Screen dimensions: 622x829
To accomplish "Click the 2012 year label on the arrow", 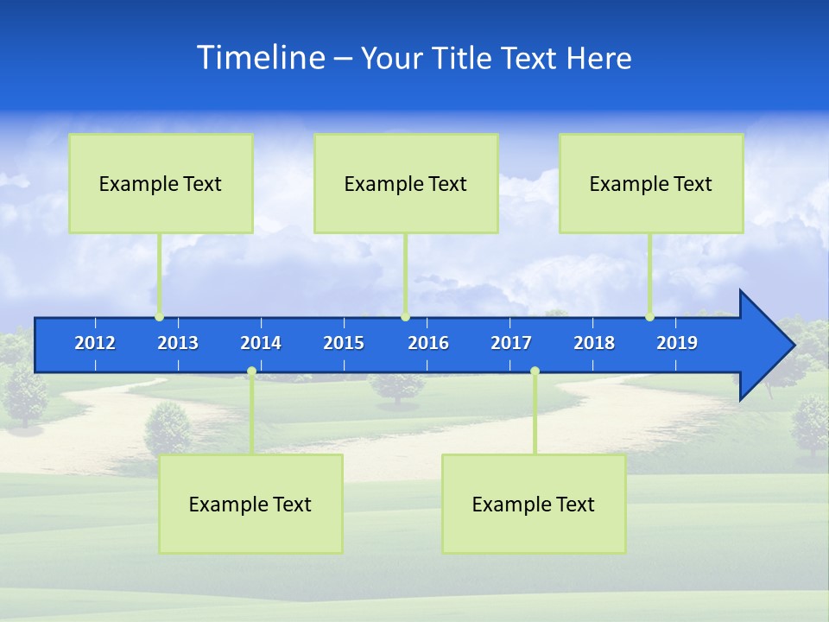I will (95, 343).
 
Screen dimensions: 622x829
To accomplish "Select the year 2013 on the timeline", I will (178, 343).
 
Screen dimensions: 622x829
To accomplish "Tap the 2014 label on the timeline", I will (261, 343).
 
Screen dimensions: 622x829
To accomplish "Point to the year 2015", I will (344, 343).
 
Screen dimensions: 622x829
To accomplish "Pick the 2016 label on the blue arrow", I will (428, 343).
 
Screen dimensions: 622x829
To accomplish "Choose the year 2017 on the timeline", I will (511, 343).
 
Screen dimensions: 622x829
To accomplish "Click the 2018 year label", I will (594, 343).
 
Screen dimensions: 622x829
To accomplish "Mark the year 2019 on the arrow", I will (677, 343).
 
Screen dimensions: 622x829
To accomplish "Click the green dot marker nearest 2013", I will (159, 317).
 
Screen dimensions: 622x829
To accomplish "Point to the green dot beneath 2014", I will (251, 371).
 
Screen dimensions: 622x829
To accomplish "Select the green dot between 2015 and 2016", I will (405, 317).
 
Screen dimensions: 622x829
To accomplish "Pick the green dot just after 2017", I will (535, 371).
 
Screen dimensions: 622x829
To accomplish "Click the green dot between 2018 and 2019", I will (649, 317).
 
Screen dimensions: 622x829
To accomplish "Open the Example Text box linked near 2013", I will (161, 183).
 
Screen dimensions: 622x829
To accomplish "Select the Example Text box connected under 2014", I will (250, 504).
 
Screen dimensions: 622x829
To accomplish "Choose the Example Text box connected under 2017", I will (534, 504).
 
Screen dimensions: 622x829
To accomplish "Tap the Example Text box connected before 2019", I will (651, 183).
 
